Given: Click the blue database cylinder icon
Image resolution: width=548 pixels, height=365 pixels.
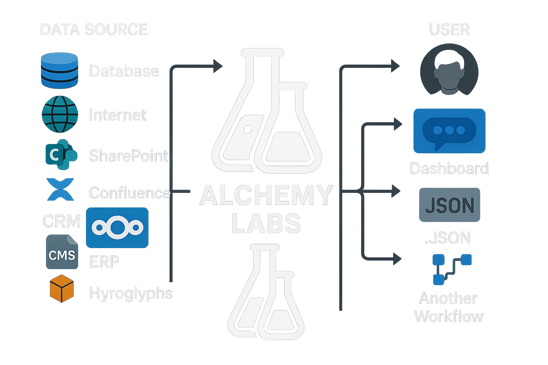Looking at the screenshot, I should [59, 71].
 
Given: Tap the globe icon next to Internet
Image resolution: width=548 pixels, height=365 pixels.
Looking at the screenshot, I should [60, 114].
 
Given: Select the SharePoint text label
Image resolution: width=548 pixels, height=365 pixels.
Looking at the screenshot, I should [128, 156].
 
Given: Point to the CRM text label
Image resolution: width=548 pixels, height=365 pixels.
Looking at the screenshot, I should [61, 221].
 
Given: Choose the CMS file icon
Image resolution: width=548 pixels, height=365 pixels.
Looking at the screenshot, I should [62, 252].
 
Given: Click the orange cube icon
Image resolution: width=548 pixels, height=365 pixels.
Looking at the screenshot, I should [61, 288].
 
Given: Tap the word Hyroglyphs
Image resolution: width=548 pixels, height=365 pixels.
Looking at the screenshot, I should [131, 293].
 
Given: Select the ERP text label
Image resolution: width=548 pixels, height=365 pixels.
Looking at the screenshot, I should [104, 262].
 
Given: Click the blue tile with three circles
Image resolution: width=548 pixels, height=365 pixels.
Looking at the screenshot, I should [117, 228].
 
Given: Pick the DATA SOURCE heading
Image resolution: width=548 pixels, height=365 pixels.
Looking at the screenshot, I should [94, 30].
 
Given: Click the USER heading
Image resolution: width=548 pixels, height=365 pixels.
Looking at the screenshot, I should [450, 30].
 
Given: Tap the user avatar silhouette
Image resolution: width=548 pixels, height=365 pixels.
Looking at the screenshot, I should [449, 70].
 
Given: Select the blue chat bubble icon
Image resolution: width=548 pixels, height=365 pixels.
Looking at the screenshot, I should [449, 131].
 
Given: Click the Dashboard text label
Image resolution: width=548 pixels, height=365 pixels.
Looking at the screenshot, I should [449, 169].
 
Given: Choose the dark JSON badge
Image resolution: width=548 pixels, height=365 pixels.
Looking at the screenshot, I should [450, 205].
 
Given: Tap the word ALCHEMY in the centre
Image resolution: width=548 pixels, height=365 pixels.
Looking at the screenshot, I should [266, 196].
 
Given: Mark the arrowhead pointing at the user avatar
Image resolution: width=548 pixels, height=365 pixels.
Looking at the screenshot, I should [395, 66].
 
